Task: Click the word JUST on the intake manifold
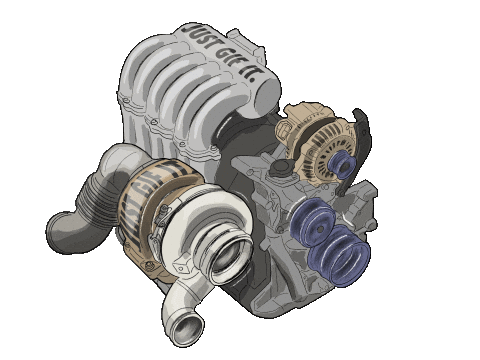(x=199, y=37)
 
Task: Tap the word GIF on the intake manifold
(x=227, y=57)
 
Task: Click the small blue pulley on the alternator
(x=342, y=164)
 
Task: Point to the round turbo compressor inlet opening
(x=229, y=257)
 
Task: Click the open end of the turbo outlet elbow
(x=189, y=330)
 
